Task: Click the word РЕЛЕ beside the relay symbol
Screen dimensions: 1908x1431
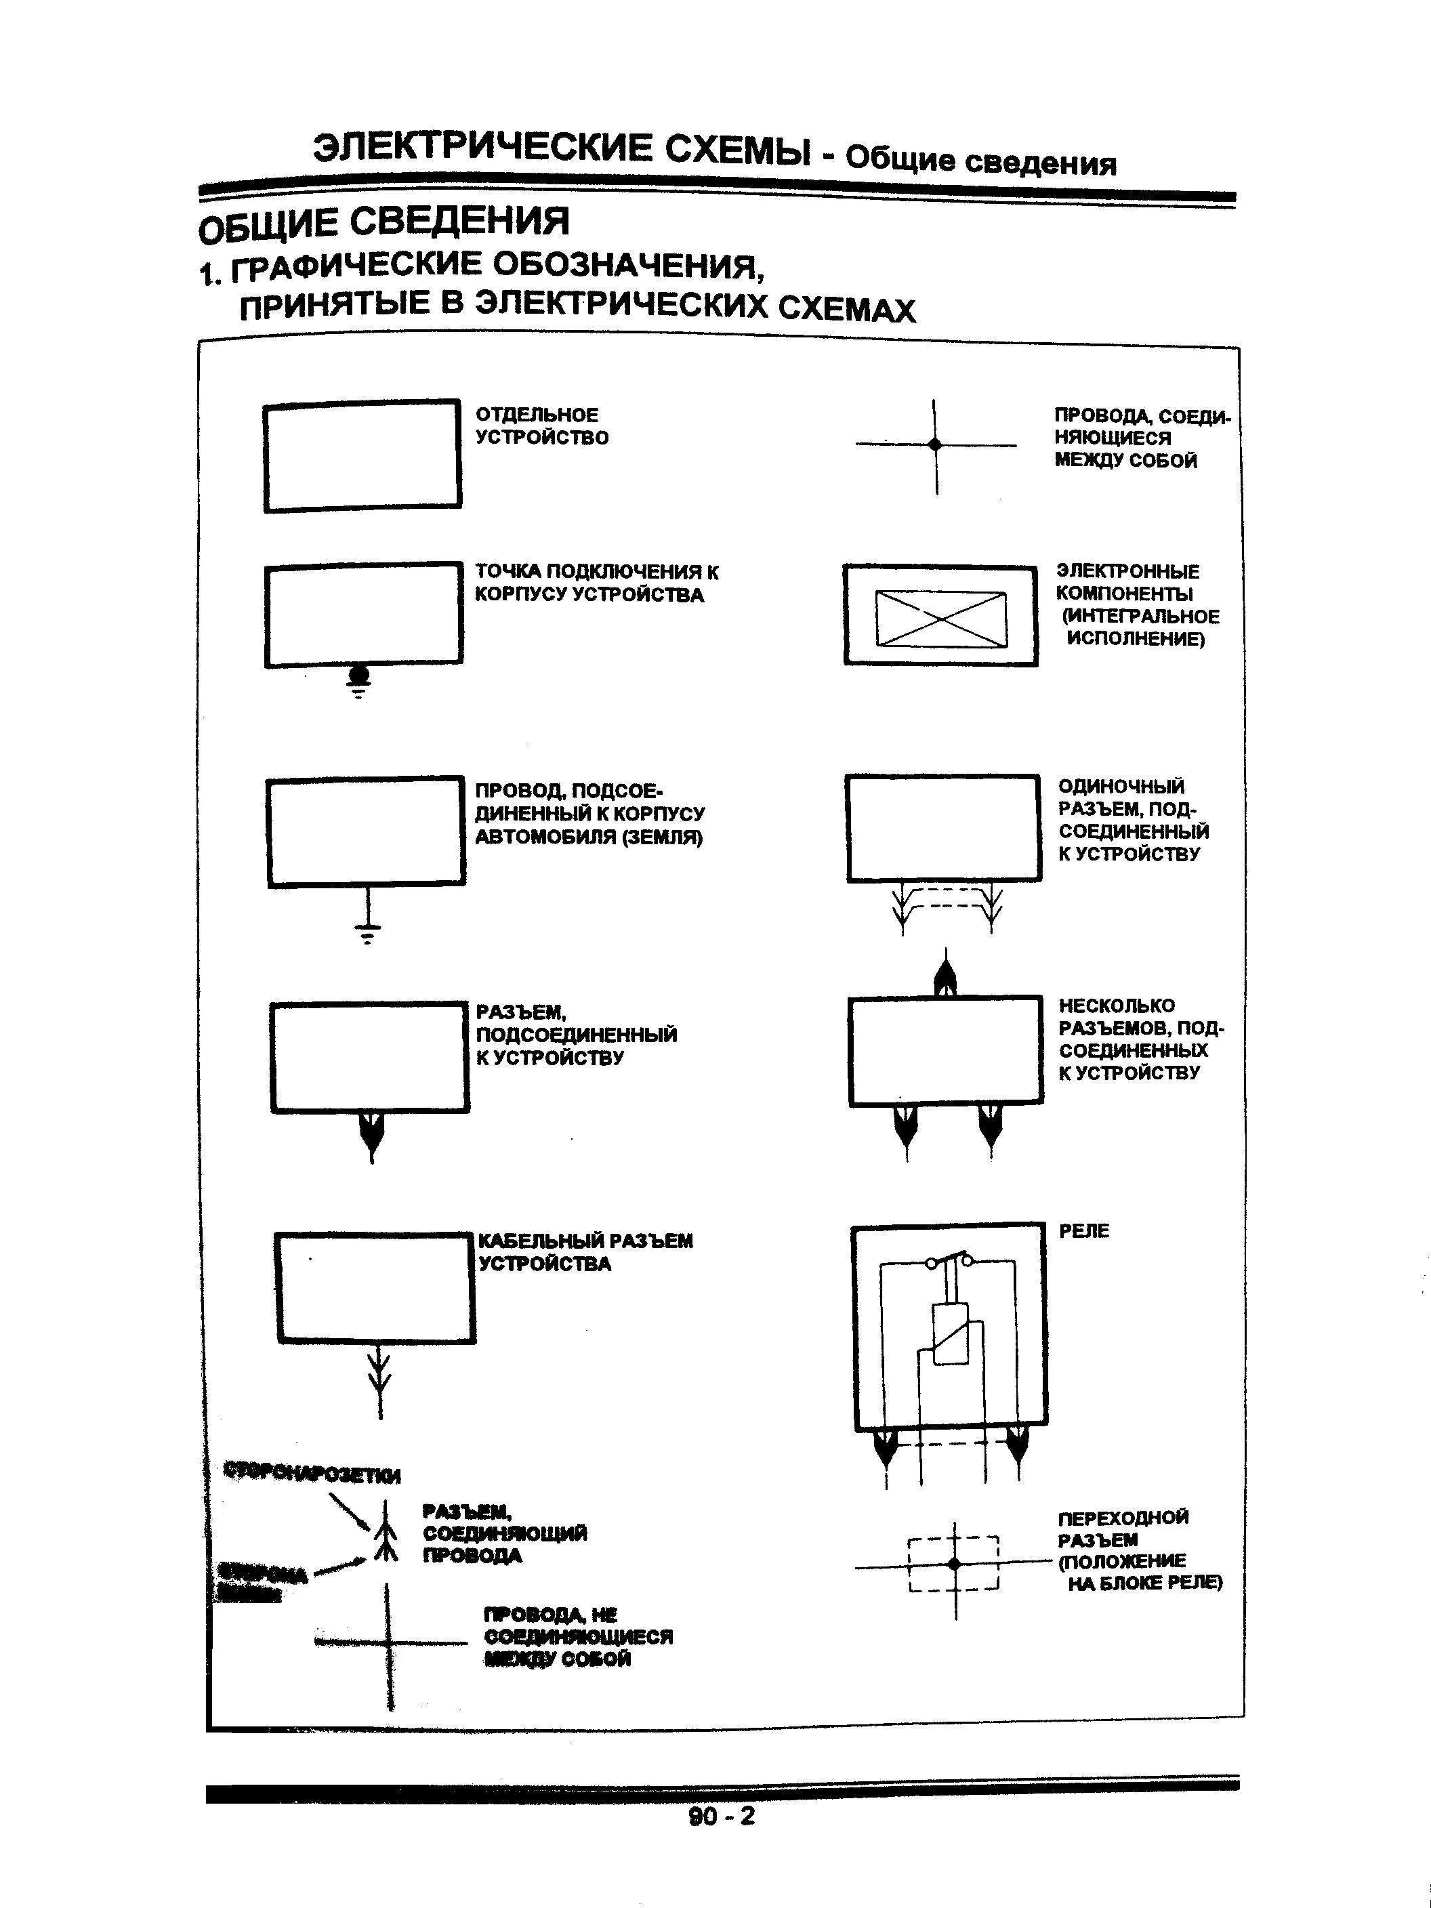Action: point(1083,1231)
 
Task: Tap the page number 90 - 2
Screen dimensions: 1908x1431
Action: point(721,1815)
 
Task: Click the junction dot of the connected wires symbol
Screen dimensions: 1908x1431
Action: point(936,445)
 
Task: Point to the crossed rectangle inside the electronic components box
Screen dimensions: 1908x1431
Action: point(940,619)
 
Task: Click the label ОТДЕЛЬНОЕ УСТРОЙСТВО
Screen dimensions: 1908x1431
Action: point(541,426)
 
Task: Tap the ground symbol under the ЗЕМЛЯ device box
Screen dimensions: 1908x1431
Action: point(367,932)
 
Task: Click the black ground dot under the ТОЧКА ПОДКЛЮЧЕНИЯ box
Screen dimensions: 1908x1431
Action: point(360,673)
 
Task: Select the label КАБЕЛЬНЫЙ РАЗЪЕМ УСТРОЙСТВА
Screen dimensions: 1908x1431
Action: point(585,1251)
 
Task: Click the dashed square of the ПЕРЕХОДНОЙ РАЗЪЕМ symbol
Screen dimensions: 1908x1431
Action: point(954,1564)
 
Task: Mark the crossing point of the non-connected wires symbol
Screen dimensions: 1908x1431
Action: point(389,1642)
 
